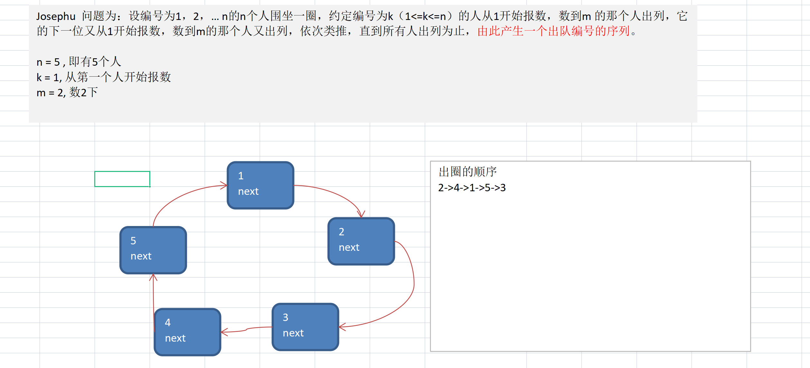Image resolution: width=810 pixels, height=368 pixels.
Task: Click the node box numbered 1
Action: click(260, 185)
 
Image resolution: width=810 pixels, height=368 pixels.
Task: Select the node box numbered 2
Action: click(361, 241)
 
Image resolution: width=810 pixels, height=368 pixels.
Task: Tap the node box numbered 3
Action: click(305, 327)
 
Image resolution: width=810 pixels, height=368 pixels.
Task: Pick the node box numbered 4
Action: click(188, 332)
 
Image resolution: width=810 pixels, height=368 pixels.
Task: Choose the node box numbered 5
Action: click(153, 250)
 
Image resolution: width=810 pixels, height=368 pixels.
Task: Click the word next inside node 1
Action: click(248, 192)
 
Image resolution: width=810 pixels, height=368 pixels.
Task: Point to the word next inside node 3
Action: click(293, 333)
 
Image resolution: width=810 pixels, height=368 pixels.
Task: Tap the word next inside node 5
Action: click(141, 256)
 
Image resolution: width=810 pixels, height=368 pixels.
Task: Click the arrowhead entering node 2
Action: click(361, 214)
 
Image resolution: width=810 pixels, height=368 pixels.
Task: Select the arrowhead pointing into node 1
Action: click(224, 185)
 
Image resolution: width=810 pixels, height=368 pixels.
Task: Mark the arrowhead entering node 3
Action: click(342, 327)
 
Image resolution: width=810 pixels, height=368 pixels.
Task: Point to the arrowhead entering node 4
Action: click(224, 332)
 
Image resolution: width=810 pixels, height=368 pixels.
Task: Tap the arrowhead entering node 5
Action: click(153, 277)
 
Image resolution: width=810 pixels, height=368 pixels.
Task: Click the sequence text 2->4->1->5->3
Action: click(472, 188)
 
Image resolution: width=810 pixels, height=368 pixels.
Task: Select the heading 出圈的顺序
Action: click(467, 172)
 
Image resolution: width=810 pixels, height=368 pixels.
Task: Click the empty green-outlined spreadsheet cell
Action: click(122, 179)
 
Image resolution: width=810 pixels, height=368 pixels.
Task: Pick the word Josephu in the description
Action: click(56, 16)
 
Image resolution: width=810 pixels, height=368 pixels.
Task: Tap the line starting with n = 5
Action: click(79, 62)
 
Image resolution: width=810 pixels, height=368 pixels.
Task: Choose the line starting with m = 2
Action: click(67, 93)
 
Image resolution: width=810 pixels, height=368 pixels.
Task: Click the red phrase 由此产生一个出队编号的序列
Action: click(554, 31)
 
